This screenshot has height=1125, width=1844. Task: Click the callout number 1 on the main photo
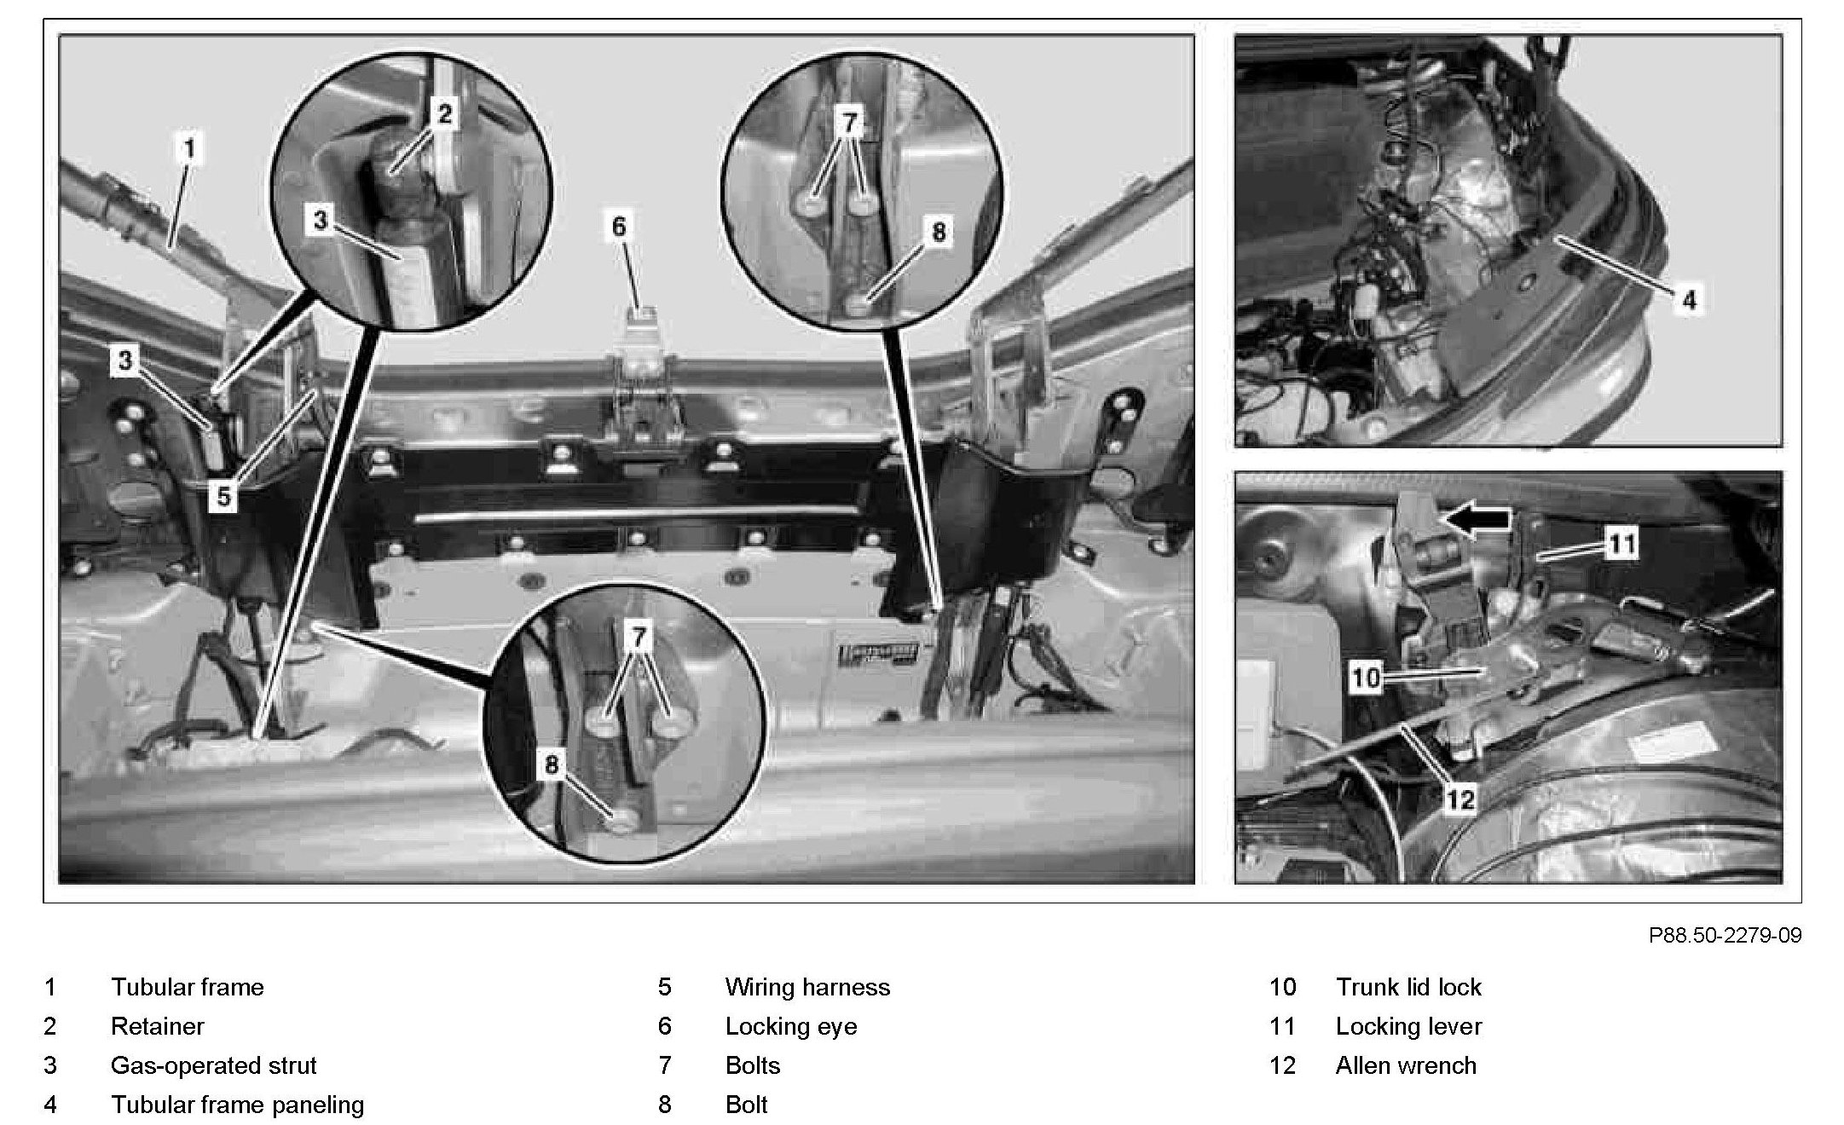[x=189, y=149]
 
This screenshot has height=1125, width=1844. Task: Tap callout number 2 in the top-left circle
[x=445, y=113]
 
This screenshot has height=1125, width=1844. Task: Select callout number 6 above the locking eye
[x=619, y=227]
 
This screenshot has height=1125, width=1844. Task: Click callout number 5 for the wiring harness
[x=223, y=496]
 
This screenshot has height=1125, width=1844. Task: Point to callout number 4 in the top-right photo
[x=1689, y=299]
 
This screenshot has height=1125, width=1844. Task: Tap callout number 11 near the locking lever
[x=1621, y=543]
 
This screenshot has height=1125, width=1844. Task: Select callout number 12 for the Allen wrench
[x=1460, y=799]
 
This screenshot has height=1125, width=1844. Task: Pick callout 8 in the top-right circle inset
[x=938, y=232]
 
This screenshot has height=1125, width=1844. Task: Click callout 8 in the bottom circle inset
[x=552, y=764]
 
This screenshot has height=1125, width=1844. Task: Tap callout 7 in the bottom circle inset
[x=639, y=636]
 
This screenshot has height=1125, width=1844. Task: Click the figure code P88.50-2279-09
[x=1725, y=936]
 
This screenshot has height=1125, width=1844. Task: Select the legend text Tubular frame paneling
[x=237, y=1105]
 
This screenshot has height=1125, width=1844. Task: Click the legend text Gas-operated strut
[x=213, y=1065]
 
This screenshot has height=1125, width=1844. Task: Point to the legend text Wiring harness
[x=807, y=987]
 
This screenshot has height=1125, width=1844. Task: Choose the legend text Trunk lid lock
[x=1408, y=987]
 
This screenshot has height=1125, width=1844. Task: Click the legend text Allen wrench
[x=1406, y=1065]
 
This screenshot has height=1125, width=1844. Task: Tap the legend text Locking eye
[x=791, y=1026]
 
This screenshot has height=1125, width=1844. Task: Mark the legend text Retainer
[x=158, y=1026]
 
